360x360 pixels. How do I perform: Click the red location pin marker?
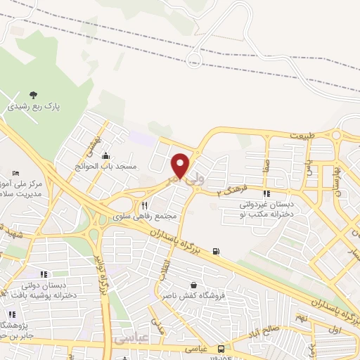[x=181, y=166]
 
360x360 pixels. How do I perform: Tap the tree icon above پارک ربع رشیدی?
[x=34, y=95]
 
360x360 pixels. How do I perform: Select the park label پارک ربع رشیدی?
[x=34, y=108]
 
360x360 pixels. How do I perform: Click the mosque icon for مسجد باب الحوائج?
[x=105, y=156]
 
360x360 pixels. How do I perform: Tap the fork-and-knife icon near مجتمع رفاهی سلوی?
[x=144, y=206]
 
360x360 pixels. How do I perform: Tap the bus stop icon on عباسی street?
[x=221, y=349]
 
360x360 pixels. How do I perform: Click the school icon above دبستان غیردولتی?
[x=266, y=194]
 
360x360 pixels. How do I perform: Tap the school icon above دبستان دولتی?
[x=44, y=274]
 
